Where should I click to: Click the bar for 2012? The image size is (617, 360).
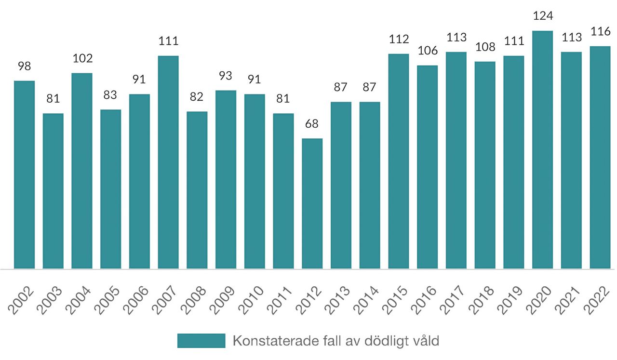pyautogui.click(x=312, y=203)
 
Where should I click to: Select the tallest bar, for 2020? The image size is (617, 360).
pyautogui.click(x=542, y=149)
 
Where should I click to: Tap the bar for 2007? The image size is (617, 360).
pyautogui.click(x=168, y=162)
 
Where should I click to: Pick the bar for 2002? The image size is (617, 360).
pyautogui.click(x=24, y=174)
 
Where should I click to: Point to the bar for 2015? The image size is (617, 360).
pyautogui.click(x=399, y=161)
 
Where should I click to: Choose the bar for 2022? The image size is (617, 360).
pyautogui.click(x=600, y=157)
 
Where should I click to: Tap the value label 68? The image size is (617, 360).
pyautogui.click(x=312, y=124)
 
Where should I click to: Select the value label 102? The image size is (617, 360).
pyautogui.click(x=82, y=58)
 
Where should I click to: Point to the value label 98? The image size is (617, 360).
pyautogui.click(x=24, y=66)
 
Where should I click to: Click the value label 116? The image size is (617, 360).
pyautogui.click(x=600, y=32)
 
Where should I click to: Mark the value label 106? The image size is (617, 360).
pyautogui.click(x=428, y=51)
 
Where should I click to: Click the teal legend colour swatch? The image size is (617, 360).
pyautogui.click(x=201, y=341)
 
